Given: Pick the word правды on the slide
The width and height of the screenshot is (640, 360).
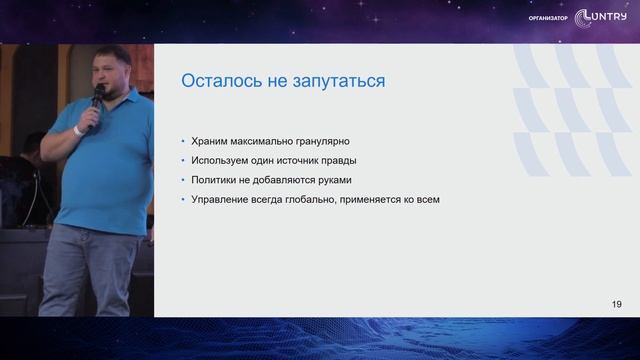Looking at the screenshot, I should (x=337, y=161).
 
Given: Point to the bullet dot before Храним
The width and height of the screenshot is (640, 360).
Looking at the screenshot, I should (x=182, y=142).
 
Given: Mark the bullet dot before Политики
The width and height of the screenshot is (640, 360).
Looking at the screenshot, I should (x=182, y=181).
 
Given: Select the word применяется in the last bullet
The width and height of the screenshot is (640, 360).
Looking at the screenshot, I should (x=394, y=200).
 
